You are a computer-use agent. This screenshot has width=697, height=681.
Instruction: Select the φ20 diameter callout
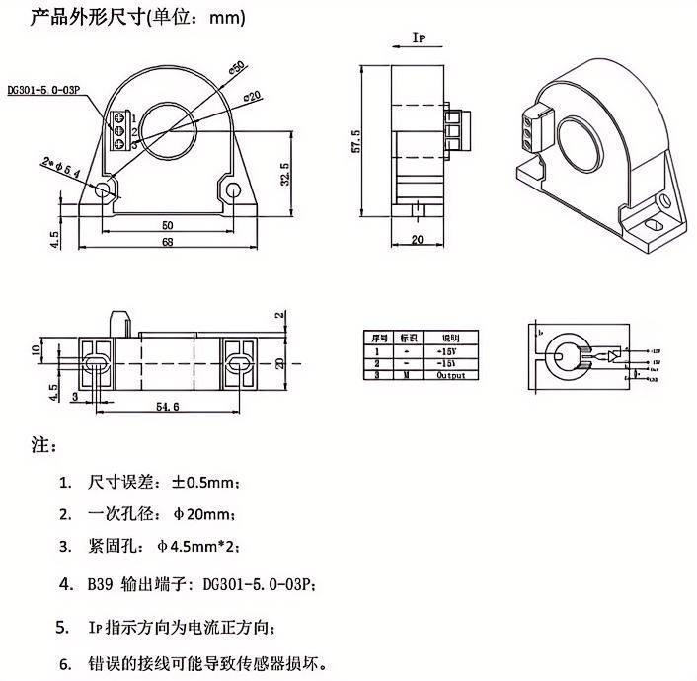[x=252, y=97]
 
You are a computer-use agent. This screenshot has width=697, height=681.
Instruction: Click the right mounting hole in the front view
[x=233, y=189]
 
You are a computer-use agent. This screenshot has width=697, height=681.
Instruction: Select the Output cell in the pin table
[x=451, y=375]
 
